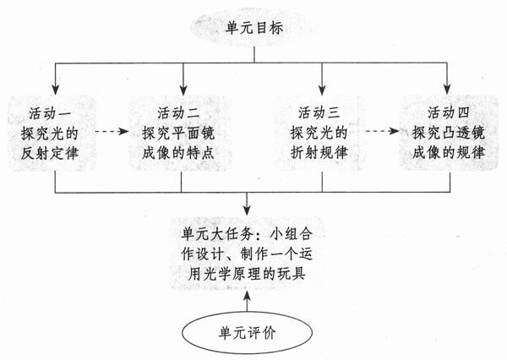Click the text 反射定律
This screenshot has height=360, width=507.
pos(54,155)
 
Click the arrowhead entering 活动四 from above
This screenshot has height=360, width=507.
pos(447,87)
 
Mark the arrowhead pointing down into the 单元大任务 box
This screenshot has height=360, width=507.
pos(246,208)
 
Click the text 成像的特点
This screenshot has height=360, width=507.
pos(183,155)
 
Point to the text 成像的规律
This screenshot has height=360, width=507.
pos(447,155)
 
